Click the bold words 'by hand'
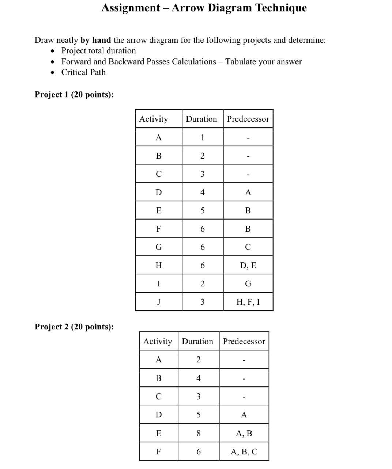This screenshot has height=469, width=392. pos(95,40)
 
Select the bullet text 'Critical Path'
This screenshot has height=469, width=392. pos(83,72)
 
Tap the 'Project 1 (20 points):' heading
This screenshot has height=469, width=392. pos(74,94)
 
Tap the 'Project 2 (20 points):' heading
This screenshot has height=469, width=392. pos(74,327)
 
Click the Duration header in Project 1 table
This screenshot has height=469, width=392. pos(201,119)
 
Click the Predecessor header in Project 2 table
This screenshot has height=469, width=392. pos(244,341)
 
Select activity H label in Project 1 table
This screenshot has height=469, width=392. pos(158,265)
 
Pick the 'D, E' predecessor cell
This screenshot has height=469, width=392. pos(248,265)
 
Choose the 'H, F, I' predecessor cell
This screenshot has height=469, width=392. pos(248,302)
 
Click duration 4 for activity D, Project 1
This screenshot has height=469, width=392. pos(202,192)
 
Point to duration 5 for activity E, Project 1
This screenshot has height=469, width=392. pos(202,210)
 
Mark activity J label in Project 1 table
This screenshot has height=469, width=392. pos(158,302)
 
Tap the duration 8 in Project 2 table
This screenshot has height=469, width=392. pos(199,433)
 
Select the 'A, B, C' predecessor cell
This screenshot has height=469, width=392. pos(244,451)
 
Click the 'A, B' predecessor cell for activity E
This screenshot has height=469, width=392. pos(244,433)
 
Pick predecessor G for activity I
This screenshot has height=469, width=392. pos(248,283)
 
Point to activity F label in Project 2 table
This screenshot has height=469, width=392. pos(158,451)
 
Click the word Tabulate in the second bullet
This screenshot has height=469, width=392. pos(241,61)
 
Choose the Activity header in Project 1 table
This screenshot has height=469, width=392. pos(154,119)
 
